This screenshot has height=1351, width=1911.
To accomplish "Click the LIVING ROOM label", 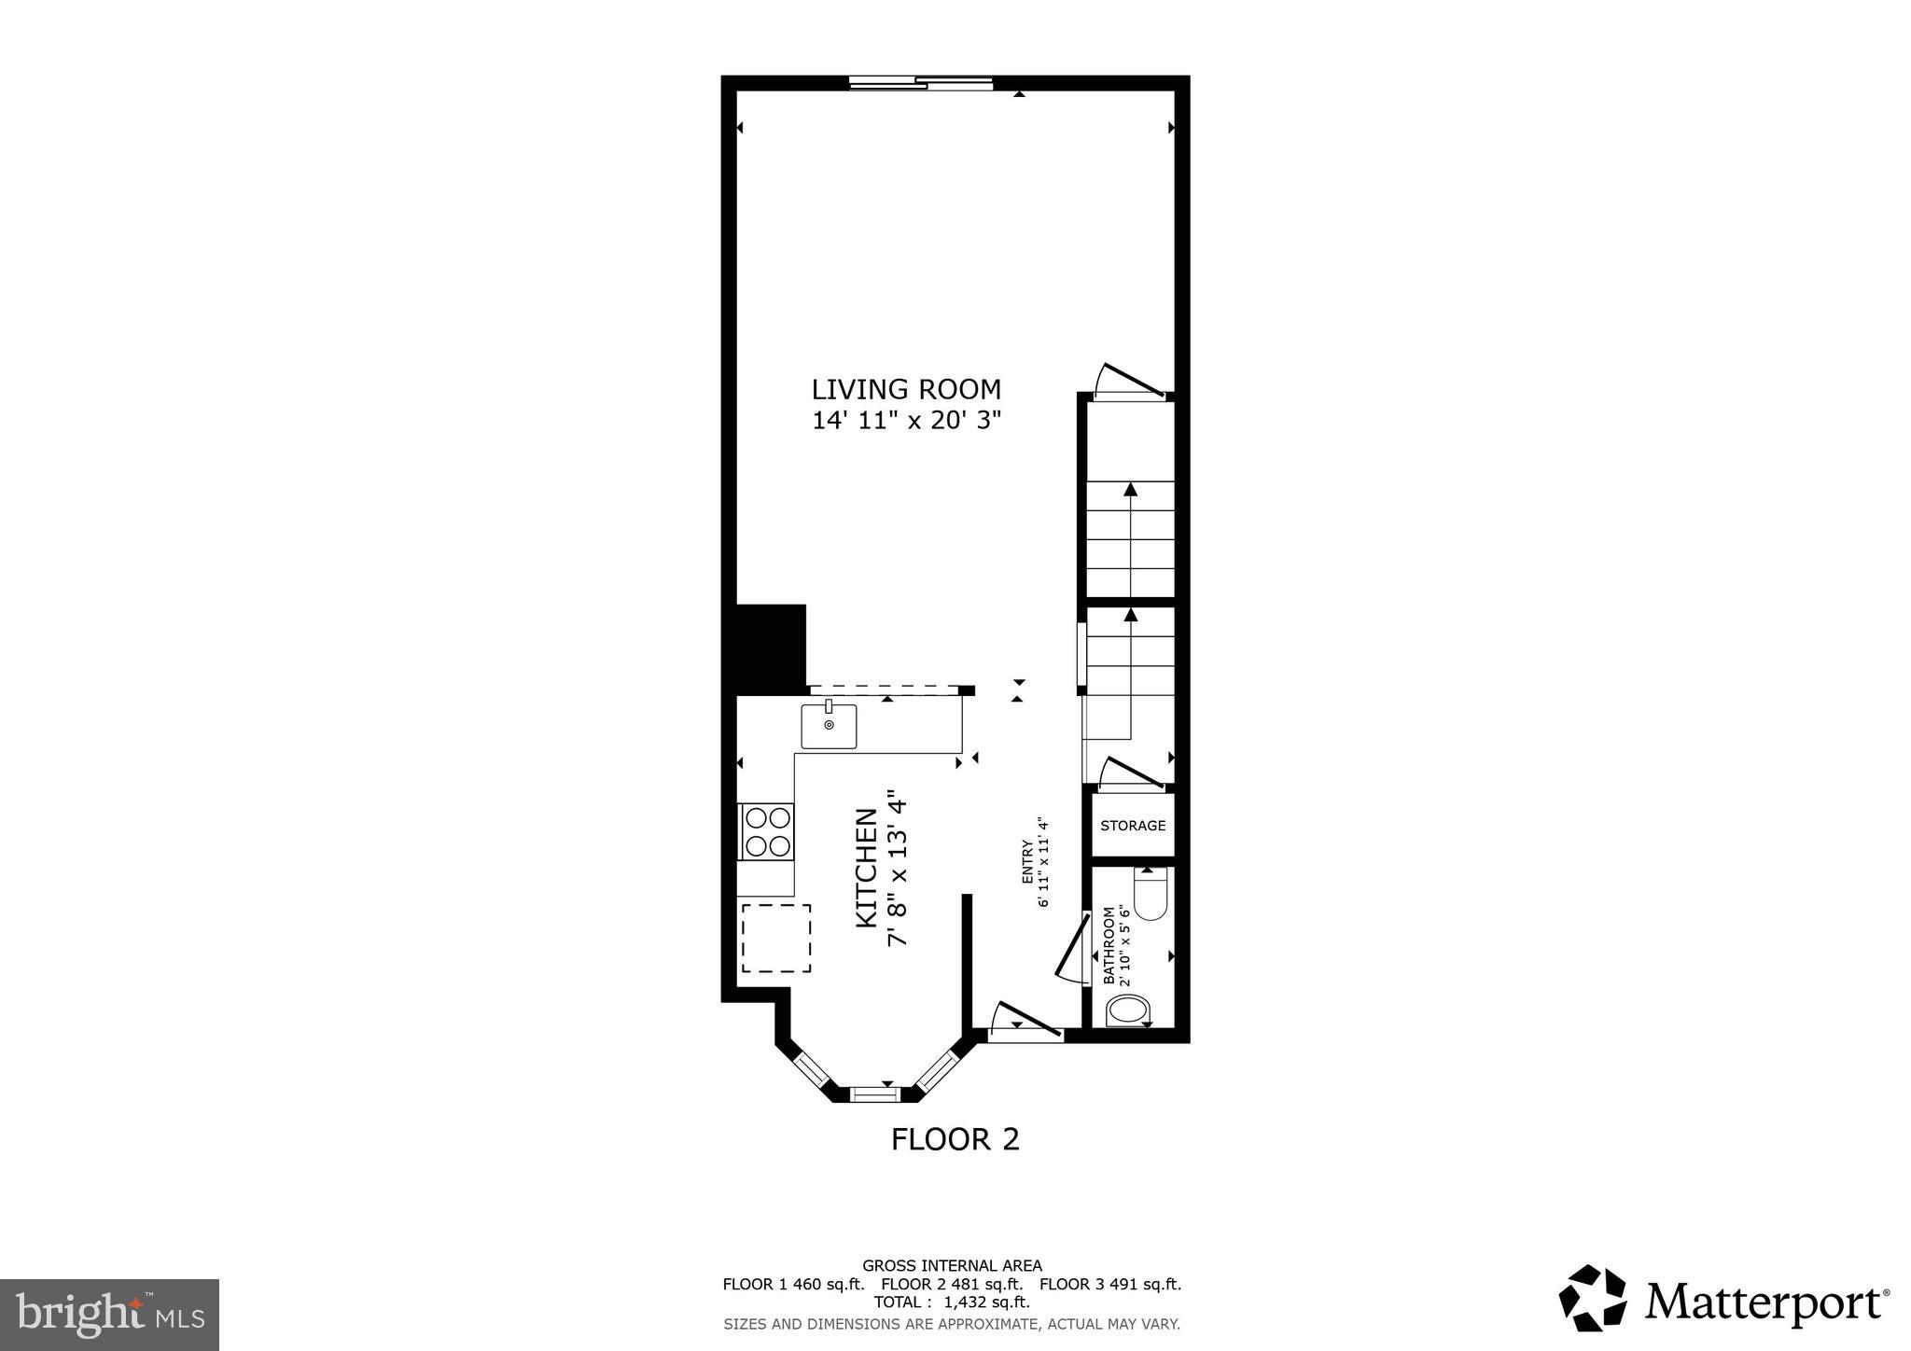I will pyautogui.click(x=905, y=389).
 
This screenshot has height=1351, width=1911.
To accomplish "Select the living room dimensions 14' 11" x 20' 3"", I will pyautogui.click(x=905, y=420).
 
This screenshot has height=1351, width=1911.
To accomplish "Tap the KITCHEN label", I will pyautogui.click(x=867, y=868).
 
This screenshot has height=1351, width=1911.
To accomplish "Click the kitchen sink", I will pyautogui.click(x=829, y=726).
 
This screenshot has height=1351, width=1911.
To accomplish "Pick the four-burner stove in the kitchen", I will pyautogui.click(x=766, y=831).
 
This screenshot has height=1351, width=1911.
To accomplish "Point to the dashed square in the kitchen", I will pyautogui.click(x=775, y=938).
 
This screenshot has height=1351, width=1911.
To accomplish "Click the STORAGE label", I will pyautogui.click(x=1133, y=826).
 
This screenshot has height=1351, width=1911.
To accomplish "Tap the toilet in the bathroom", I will pyautogui.click(x=1151, y=895).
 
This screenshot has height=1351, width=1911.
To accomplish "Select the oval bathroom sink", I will pyautogui.click(x=1128, y=1010).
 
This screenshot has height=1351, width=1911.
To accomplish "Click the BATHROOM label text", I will pyautogui.click(x=1109, y=945).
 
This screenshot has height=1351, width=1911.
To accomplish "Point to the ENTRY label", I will pyautogui.click(x=1027, y=862).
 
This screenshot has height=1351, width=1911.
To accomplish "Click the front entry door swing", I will pyautogui.click(x=1025, y=1021).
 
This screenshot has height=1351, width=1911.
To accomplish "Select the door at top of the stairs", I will pyautogui.click(x=1131, y=382).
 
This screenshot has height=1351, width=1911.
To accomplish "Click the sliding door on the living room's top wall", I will pyautogui.click(x=921, y=83).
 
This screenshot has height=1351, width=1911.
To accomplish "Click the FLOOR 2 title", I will pyautogui.click(x=955, y=1139).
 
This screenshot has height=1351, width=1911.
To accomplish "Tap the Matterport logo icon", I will pyautogui.click(x=1592, y=1298).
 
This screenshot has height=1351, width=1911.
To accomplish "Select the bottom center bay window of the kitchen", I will pyautogui.click(x=874, y=1093).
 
